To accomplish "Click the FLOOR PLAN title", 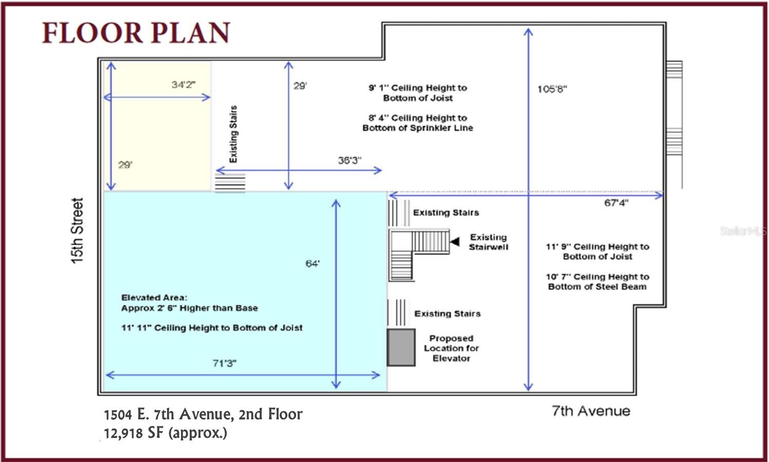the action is (136, 33).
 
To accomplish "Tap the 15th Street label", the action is (77, 231).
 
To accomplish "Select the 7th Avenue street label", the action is (591, 411).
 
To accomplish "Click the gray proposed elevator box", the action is (401, 347).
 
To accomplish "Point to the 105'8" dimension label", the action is (552, 89).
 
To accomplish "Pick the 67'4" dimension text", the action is (616, 203).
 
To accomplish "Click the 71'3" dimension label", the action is (225, 363).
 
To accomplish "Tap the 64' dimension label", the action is (313, 264).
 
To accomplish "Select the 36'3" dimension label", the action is (350, 160).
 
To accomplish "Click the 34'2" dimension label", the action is (184, 84).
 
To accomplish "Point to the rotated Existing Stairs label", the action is (233, 134).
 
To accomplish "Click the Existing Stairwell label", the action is (488, 242).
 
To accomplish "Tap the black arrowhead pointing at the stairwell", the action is (455, 242).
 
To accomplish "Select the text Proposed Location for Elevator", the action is (451, 348).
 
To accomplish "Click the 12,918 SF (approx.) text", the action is (166, 433).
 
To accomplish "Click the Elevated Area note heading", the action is (154, 298).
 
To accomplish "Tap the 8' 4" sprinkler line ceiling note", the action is (418, 123).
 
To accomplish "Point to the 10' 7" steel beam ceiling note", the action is (597, 282).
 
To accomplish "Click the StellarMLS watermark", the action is (744, 231).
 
